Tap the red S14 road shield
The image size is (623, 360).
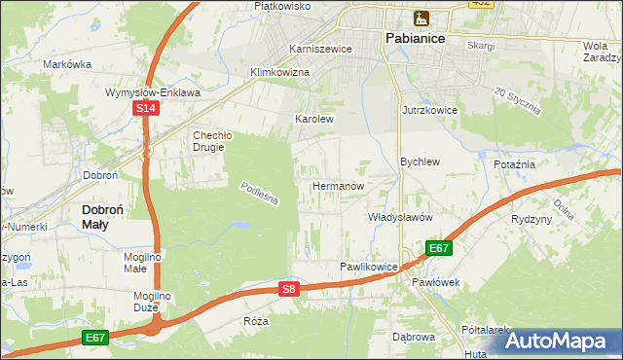point(145,109)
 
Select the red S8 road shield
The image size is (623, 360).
point(288,289)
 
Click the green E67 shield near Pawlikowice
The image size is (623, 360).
point(438,248)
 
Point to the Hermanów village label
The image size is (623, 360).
point(338,185)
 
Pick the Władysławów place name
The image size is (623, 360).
point(399,217)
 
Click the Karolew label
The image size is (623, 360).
point(314,120)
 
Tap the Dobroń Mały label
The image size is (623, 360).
point(107,216)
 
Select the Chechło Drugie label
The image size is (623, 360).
point(209,141)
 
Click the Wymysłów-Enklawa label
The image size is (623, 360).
point(152,93)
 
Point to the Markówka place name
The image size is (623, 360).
point(67,64)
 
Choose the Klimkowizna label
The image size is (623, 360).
point(279,73)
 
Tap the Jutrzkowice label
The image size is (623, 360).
point(429,111)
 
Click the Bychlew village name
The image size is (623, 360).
point(421,162)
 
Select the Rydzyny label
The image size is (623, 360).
point(531,219)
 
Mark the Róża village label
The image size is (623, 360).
point(256,320)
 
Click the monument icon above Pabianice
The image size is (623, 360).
point(421,18)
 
